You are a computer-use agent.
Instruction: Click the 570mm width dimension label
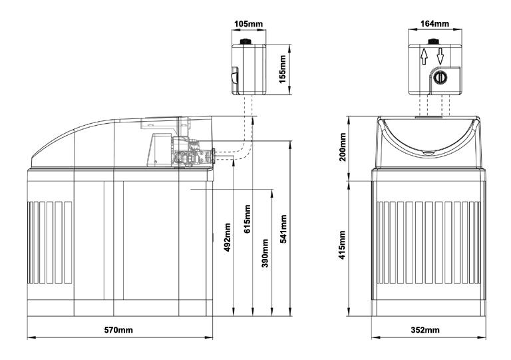click(118, 330)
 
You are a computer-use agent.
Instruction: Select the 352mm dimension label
click(425, 330)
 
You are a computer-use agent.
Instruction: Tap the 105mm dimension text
click(248, 24)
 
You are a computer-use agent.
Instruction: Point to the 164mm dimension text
click(434, 24)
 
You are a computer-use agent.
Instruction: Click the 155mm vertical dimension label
click(283, 69)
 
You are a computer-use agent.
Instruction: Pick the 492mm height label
click(227, 237)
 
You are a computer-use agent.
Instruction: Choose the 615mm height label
click(248, 219)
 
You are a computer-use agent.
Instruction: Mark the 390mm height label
click(265, 253)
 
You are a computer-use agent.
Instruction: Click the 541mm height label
click(283, 229)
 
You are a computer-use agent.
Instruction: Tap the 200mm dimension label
click(342, 147)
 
